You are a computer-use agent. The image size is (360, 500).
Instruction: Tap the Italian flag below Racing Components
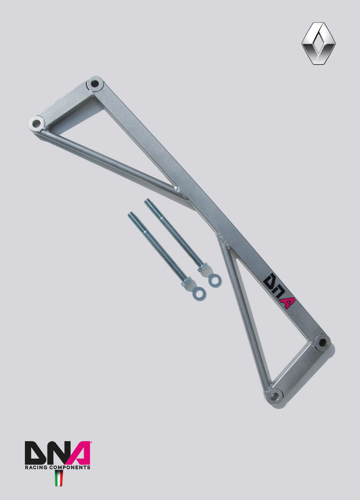[59, 478]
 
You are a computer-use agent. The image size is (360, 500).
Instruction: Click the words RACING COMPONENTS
[57, 467]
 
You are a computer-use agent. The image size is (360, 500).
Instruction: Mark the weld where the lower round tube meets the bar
[223, 240]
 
